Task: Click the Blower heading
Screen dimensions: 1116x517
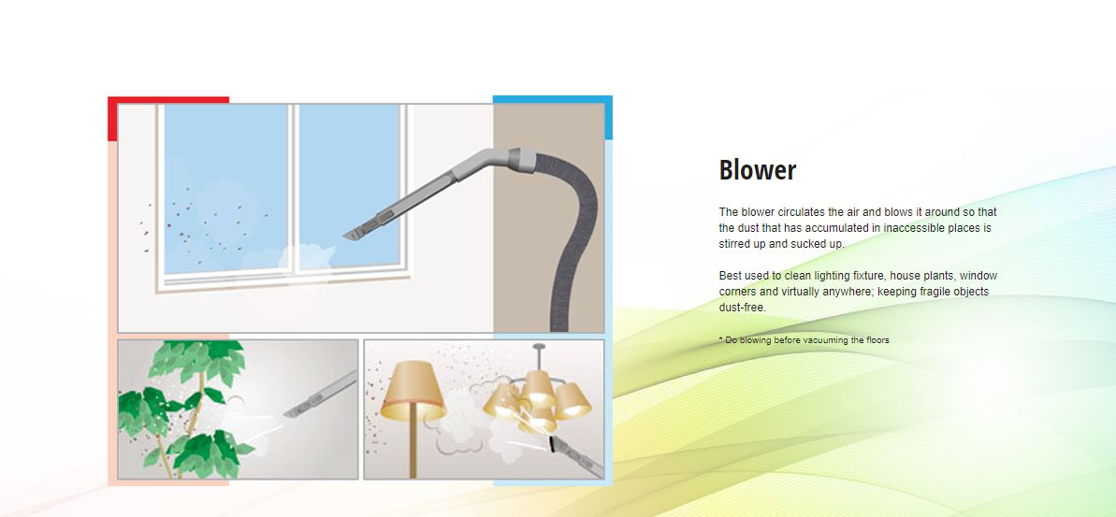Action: pyautogui.click(x=758, y=170)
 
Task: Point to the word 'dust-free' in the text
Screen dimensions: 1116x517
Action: pyautogui.click(x=741, y=308)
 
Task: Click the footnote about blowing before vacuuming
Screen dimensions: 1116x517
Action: pyautogui.click(x=804, y=340)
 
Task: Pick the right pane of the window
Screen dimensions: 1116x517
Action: pyautogui.click(x=349, y=186)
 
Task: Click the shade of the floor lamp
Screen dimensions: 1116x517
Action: pyautogui.click(x=413, y=390)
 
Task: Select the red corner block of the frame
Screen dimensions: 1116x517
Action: pyautogui.click(x=168, y=118)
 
